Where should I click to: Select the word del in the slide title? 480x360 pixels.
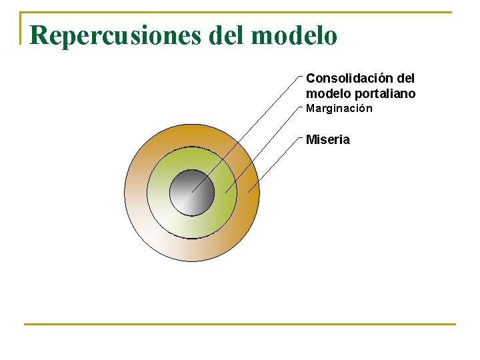click(227, 35)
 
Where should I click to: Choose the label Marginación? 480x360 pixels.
click(339, 109)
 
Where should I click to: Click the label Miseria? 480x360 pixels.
click(327, 140)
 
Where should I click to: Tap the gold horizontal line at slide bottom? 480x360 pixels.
click(240, 325)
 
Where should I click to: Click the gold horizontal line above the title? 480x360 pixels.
click(240, 12)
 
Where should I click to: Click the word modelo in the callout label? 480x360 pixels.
click(325, 93)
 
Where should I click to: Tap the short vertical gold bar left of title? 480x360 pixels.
click(21, 28)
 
